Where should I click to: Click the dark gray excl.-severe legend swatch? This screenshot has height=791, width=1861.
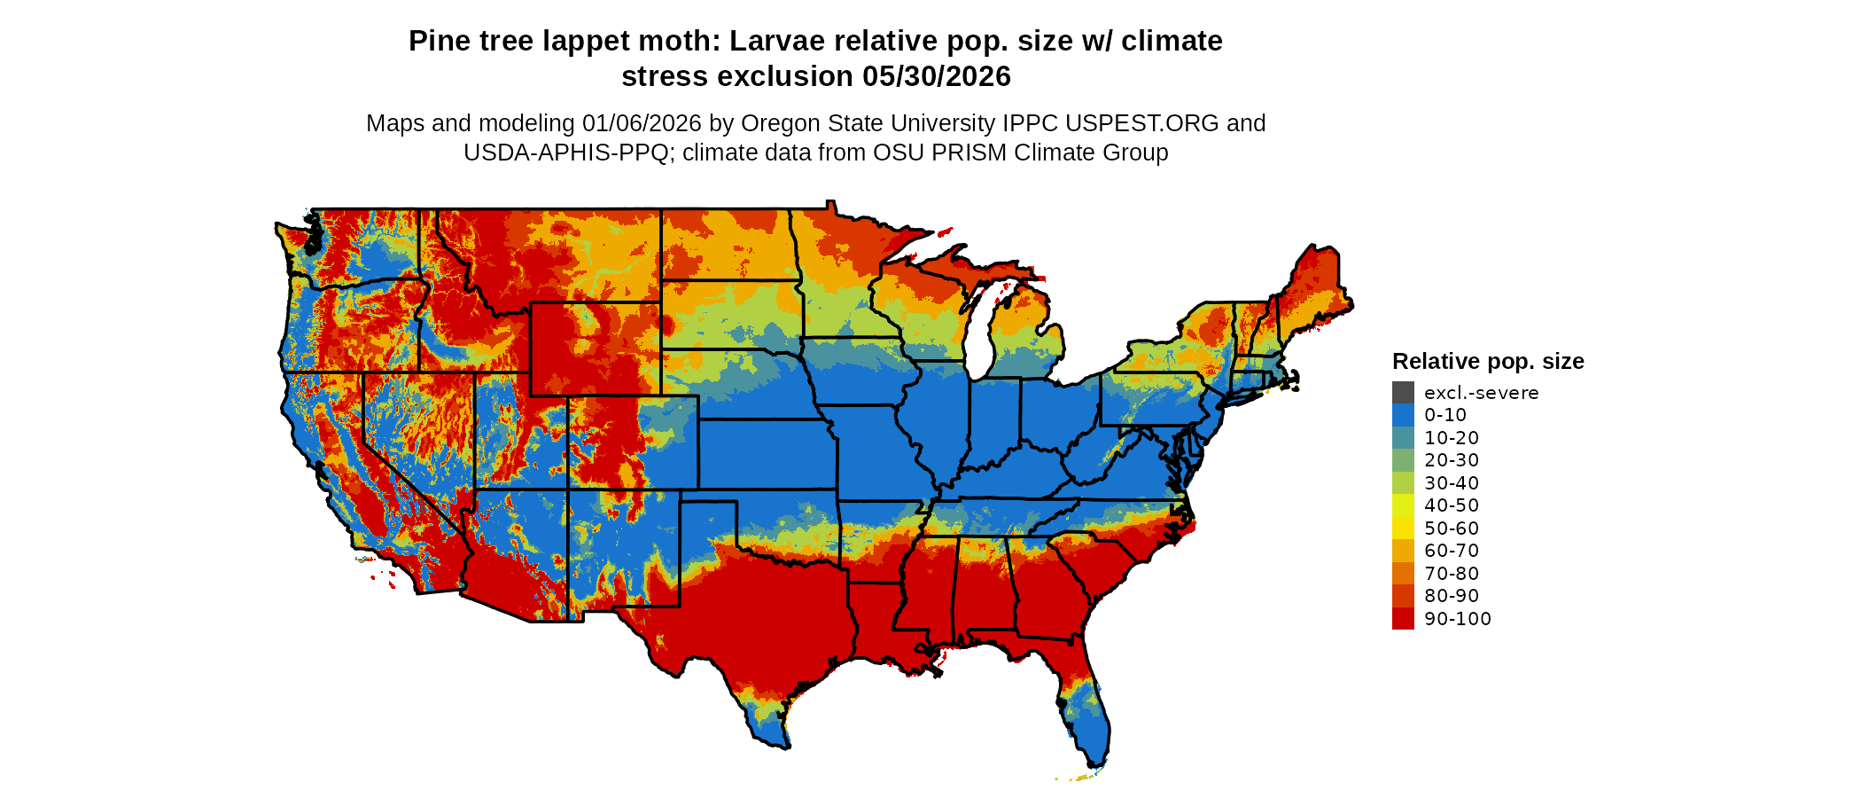[x=1403, y=392]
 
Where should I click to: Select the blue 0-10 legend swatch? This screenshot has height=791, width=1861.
[x=1403, y=415]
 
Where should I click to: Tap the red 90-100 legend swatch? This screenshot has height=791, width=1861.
[x=1403, y=619]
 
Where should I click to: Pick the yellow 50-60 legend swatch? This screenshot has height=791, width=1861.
[x=1403, y=529]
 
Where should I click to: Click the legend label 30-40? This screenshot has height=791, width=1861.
[x=1452, y=483]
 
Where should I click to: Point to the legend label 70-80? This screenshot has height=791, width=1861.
[x=1452, y=574]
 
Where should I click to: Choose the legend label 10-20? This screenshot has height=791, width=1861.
[x=1452, y=438]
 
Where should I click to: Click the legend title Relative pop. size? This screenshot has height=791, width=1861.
[x=1488, y=362]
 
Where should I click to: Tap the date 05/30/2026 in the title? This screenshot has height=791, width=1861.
[x=937, y=77]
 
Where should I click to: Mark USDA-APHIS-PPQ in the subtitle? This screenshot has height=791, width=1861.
[x=565, y=153]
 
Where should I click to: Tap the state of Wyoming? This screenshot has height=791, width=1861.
[x=594, y=349]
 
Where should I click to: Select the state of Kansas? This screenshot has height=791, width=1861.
[x=767, y=454]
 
